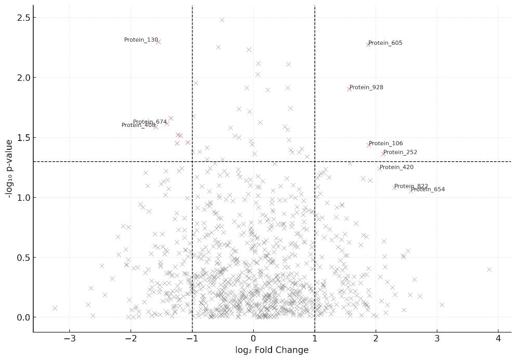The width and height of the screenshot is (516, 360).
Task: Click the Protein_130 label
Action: click(141, 40)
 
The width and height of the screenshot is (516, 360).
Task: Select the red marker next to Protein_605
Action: click(368, 44)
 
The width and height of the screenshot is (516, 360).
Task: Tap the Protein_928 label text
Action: click(366, 87)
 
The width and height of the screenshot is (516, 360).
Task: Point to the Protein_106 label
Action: click(385, 144)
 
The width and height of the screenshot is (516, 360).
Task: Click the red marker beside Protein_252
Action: click(383, 153)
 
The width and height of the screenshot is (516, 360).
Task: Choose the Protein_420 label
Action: click(396, 168)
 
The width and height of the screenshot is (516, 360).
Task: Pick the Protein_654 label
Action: click(428, 189)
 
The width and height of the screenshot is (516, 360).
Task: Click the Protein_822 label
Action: click(411, 186)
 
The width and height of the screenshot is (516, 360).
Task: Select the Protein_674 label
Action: click(150, 122)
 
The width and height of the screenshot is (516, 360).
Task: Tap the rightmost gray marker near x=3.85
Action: click(489, 269)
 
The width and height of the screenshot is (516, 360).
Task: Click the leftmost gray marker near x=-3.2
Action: click(55, 308)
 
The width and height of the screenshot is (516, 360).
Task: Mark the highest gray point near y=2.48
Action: click(222, 20)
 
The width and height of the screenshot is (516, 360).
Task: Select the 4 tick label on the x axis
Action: click(498, 340)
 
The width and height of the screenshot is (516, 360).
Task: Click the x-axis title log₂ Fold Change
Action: click(272, 351)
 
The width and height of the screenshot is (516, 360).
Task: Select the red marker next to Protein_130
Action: click(158, 42)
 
